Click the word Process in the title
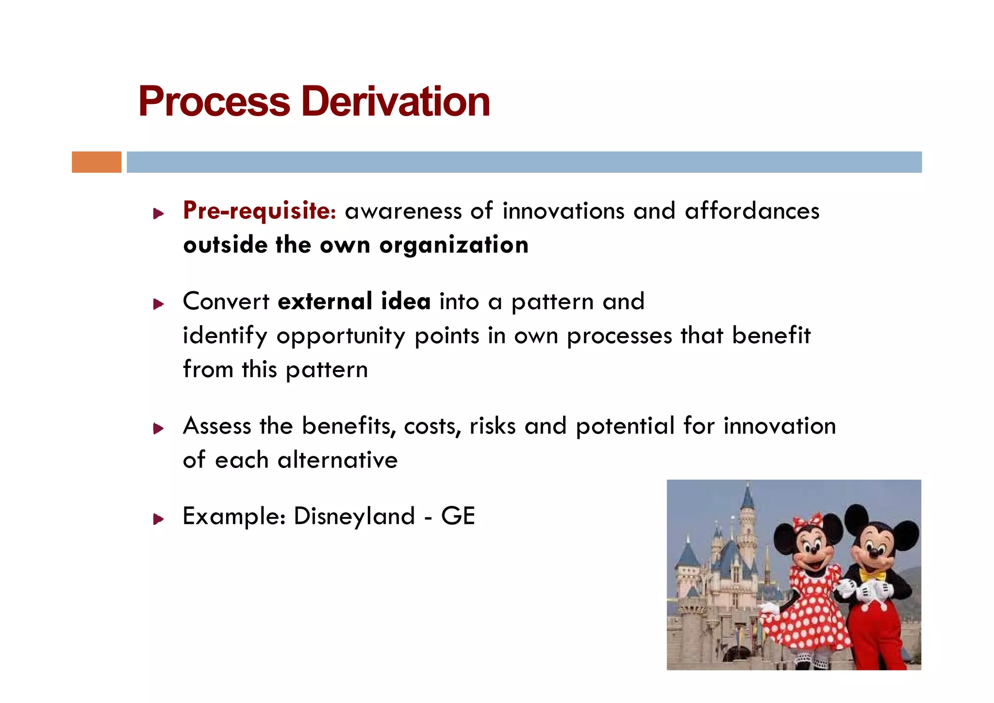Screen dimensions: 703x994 214,102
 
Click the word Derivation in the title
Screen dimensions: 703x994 395,102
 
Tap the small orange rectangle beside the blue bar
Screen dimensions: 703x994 97,162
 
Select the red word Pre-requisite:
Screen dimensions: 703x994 259,212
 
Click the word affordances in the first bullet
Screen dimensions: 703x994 752,212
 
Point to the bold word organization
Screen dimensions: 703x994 454,246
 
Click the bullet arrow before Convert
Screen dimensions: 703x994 158,304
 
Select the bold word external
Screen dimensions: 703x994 325,301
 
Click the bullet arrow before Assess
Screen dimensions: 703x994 158,429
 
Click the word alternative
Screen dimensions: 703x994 337,460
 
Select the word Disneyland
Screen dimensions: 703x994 354,517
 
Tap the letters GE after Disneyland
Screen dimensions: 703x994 458,516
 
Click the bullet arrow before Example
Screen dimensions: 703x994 158,519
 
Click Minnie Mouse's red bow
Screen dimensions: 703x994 808,522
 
